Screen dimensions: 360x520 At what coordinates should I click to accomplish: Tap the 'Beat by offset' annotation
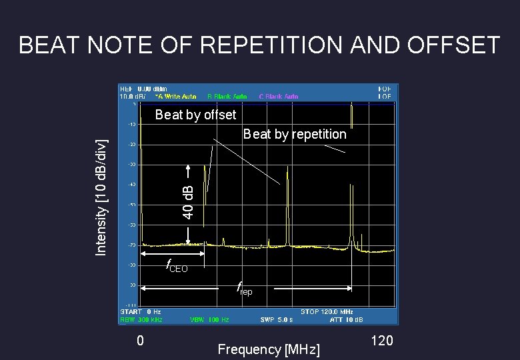[x=195, y=115]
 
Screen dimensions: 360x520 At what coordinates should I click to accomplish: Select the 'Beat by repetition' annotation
[x=295, y=134]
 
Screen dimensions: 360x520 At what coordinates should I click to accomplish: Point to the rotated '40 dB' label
[x=189, y=199]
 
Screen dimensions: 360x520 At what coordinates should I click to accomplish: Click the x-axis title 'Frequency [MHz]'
[x=268, y=349]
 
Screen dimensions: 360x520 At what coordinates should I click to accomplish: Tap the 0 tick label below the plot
[x=140, y=341]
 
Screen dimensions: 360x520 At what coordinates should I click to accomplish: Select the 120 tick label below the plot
[x=381, y=341]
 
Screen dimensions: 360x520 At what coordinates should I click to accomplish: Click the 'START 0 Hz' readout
[x=140, y=311]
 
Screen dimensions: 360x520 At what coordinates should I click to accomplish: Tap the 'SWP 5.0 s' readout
[x=275, y=319]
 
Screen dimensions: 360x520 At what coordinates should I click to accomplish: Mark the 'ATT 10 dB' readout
[x=347, y=319]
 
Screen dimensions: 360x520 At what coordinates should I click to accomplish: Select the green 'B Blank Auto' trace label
[x=229, y=96]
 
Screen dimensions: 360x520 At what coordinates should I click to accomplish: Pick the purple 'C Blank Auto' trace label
[x=278, y=96]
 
